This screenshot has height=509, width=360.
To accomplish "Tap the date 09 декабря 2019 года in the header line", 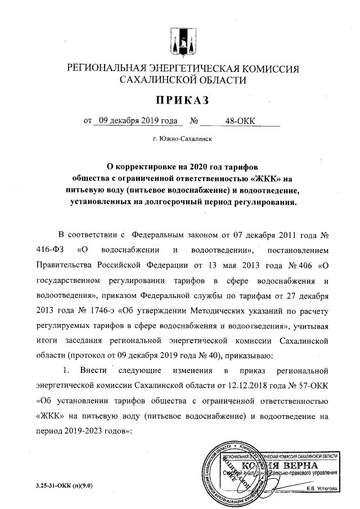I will [135, 120].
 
